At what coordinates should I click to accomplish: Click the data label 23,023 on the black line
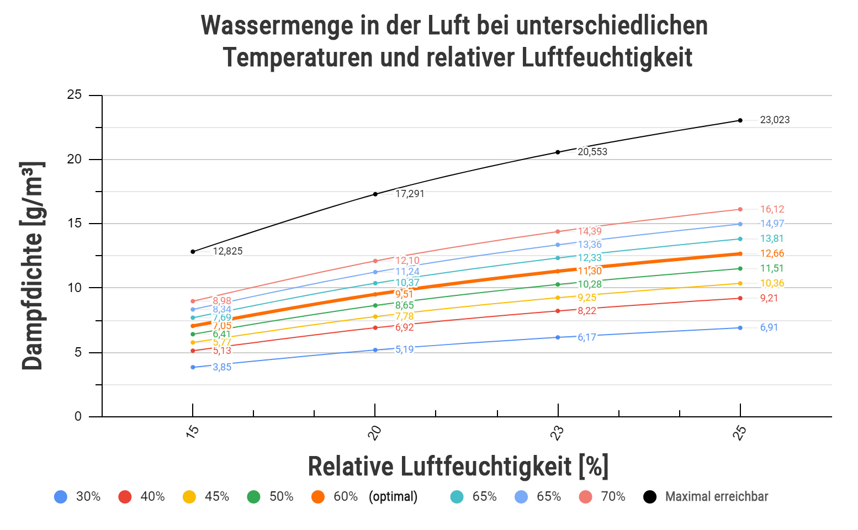click(x=775, y=120)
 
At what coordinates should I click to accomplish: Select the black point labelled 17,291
click(x=375, y=194)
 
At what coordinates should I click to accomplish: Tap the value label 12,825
click(x=227, y=251)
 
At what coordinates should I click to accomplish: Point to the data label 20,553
click(x=592, y=152)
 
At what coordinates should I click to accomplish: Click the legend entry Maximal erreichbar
click(x=716, y=496)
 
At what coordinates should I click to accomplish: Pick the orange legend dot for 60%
click(x=318, y=496)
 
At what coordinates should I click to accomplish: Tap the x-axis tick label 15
click(x=192, y=433)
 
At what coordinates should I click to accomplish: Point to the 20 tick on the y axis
click(x=75, y=159)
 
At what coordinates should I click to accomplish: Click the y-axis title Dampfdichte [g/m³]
click(x=32, y=266)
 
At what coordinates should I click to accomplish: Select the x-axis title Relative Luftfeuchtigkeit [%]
click(x=458, y=467)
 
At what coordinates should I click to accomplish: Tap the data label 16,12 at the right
click(x=772, y=209)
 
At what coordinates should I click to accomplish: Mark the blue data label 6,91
click(x=769, y=327)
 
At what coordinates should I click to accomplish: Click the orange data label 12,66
click(x=772, y=253)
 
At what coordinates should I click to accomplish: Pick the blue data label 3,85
click(x=222, y=367)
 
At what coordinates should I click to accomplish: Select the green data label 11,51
click(x=772, y=268)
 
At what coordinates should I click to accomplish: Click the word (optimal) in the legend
click(x=393, y=496)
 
